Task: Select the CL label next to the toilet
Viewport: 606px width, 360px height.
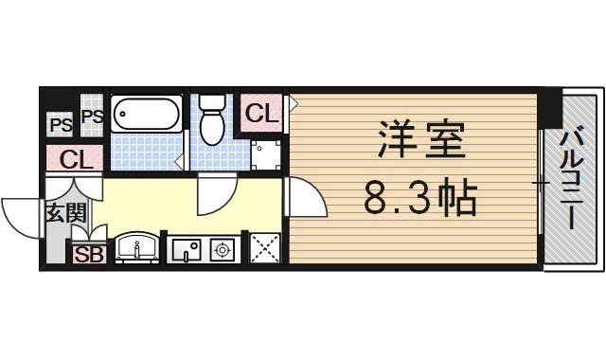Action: point(261,114)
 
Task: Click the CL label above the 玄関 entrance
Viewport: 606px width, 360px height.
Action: point(74,159)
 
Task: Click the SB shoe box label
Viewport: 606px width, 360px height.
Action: point(88,254)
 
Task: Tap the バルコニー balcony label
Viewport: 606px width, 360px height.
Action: point(571,180)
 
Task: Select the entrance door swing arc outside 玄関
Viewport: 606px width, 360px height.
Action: point(21,216)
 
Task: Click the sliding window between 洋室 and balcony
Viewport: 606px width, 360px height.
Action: point(541,180)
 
